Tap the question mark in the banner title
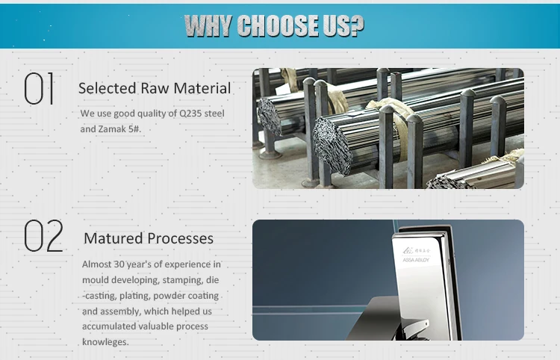coord(357,26)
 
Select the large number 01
coord(40,89)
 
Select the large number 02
coord(43,237)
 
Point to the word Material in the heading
coord(202,88)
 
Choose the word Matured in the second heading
coord(113,238)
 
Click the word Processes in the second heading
coord(180,238)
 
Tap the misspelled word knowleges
coord(105,342)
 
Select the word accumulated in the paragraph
coord(109,326)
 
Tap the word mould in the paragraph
coord(95,280)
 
